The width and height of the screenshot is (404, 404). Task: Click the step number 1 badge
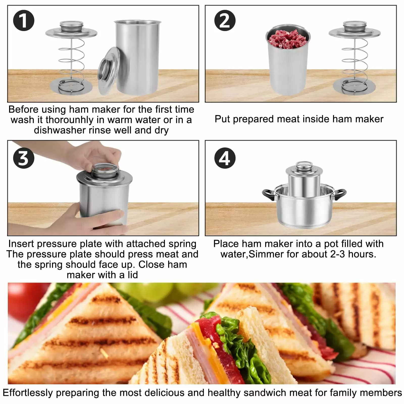coord(23,20)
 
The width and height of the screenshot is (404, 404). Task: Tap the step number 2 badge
coord(225,20)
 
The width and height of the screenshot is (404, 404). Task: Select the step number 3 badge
coord(23,158)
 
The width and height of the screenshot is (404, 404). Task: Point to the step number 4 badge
coord(225,158)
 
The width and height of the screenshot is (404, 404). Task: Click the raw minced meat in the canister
coord(288,39)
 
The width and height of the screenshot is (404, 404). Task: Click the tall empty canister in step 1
coord(138,57)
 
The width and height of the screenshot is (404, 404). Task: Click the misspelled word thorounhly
coord(69,120)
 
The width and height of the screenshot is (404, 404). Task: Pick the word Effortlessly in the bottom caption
coord(28,393)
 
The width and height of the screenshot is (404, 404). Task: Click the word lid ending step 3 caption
coord(133,275)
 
